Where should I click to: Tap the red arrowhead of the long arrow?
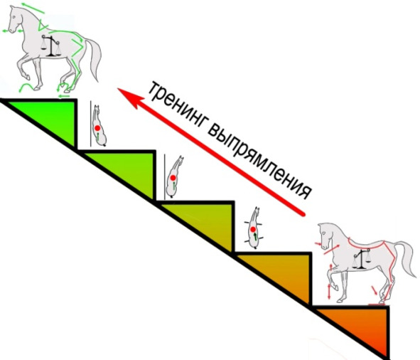[130, 97]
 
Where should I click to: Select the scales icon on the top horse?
[50, 46]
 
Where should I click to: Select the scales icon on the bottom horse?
[361, 258]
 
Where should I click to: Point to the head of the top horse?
[15, 20]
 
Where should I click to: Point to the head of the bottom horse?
[325, 235]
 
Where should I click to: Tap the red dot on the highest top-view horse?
[97, 128]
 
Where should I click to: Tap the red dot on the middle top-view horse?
[173, 178]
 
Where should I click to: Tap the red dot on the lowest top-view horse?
[252, 229]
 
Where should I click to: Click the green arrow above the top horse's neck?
[33, 8]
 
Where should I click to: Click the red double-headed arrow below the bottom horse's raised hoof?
[329, 291]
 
